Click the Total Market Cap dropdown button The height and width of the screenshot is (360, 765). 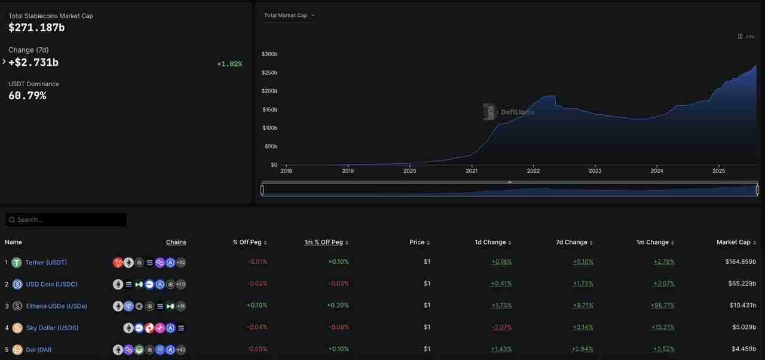(x=289, y=16)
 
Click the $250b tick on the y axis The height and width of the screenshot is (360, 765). (x=270, y=73)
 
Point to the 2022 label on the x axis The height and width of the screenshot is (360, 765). (x=533, y=171)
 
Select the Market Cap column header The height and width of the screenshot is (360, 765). (x=733, y=242)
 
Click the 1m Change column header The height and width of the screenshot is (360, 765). (x=653, y=242)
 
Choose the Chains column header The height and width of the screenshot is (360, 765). (x=176, y=242)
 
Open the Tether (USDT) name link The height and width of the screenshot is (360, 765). (x=46, y=263)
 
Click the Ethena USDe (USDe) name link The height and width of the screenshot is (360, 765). (x=57, y=306)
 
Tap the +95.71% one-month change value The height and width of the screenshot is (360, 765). (x=663, y=306)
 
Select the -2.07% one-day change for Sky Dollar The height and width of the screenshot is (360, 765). (x=501, y=328)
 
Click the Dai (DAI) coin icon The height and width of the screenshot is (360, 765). (x=17, y=350)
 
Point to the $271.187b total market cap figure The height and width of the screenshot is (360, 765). (x=37, y=28)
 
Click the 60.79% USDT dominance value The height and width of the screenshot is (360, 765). (x=27, y=96)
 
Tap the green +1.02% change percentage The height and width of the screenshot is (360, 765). (x=229, y=64)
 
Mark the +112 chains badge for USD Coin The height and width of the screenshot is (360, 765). (x=180, y=285)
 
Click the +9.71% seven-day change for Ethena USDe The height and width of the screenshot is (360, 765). (x=582, y=306)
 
